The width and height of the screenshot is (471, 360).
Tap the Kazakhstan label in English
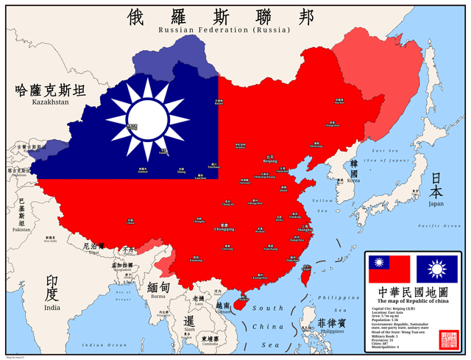[50, 102]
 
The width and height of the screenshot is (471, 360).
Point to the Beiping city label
[270, 160]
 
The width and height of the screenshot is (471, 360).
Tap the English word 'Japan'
[436, 205]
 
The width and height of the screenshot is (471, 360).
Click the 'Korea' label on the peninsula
[354, 180]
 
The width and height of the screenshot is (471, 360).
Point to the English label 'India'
[52, 308]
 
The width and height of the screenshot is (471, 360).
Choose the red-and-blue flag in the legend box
[389, 269]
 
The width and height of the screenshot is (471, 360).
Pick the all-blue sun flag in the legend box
[437, 269]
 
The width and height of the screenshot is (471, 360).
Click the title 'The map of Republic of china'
[413, 301]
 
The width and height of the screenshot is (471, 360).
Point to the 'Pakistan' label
[21, 230]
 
